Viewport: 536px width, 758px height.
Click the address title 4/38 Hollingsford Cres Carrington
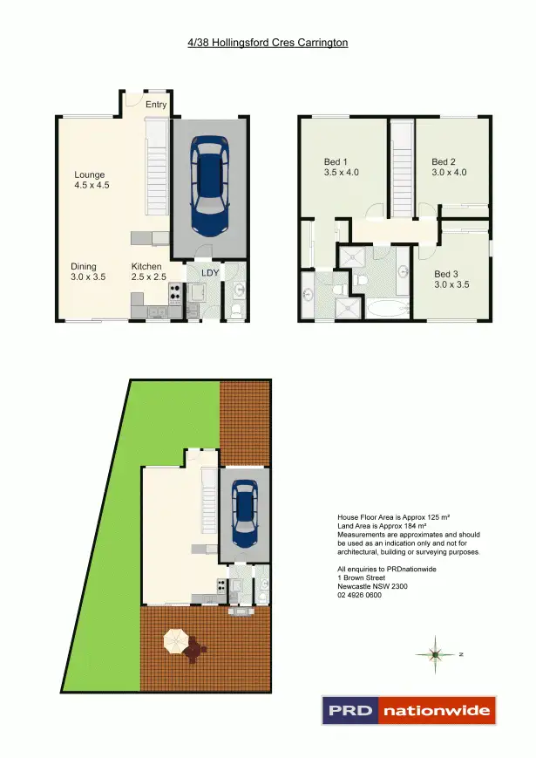click(x=268, y=42)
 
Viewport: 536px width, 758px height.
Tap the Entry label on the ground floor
click(x=156, y=105)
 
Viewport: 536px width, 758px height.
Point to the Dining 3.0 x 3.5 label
click(x=88, y=271)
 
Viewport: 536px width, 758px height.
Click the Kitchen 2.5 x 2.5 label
click(x=148, y=271)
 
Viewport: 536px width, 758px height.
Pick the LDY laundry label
click(x=209, y=272)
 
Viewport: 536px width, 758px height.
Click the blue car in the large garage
click(x=209, y=187)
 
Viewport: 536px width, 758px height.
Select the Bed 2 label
click(x=450, y=167)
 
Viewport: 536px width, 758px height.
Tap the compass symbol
click(x=436, y=653)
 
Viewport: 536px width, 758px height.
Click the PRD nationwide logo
click(x=409, y=710)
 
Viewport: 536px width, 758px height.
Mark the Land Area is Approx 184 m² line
click(x=382, y=526)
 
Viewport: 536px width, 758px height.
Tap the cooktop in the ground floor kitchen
click(x=174, y=293)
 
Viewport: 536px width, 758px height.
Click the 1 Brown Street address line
click(x=361, y=577)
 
